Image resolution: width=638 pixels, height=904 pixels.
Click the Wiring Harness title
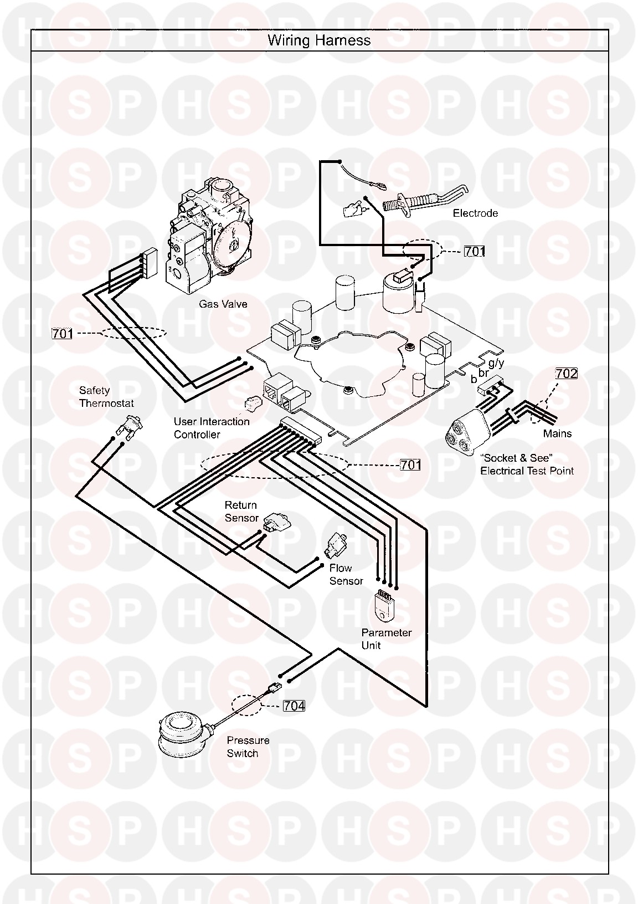tap(319, 40)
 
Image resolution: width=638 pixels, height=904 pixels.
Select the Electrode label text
tap(475, 213)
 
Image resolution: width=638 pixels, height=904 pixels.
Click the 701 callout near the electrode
tap(475, 251)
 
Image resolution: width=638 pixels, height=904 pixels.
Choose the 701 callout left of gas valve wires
tap(62, 334)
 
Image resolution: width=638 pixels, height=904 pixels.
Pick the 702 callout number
tap(566, 374)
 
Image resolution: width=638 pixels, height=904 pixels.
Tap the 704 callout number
tap(294, 706)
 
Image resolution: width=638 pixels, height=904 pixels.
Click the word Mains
tap(557, 433)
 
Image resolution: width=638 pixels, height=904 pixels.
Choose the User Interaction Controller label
tap(212, 428)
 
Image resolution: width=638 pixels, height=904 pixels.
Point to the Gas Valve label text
tap(223, 304)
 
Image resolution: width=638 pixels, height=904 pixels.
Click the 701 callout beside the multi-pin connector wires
tap(410, 464)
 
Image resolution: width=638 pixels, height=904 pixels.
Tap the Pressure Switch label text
tap(248, 747)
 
